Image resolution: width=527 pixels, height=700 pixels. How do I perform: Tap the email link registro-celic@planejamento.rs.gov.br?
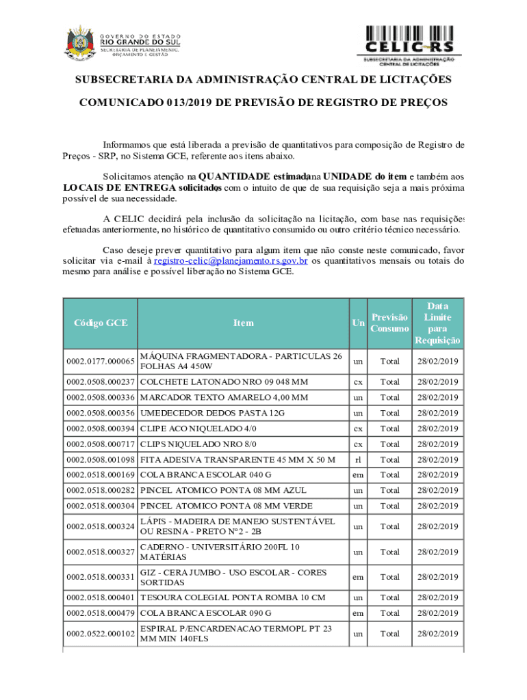231,260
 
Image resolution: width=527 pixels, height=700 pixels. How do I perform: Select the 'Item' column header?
243,323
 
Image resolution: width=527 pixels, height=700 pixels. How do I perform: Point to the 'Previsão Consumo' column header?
389,323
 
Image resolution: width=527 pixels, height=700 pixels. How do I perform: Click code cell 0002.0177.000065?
100,361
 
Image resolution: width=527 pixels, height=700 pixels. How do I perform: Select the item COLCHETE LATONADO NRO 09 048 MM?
224,381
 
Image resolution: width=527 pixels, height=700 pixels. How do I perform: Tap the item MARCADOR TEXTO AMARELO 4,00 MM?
224,397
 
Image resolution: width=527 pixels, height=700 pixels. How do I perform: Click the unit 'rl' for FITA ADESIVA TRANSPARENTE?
358,460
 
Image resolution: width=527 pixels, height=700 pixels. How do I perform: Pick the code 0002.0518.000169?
100,475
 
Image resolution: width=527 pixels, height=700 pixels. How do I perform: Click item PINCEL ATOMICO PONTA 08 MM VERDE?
226,506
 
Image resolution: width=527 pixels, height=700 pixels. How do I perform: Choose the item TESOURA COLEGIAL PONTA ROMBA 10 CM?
233,597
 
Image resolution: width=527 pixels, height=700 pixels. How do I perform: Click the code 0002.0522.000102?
100,634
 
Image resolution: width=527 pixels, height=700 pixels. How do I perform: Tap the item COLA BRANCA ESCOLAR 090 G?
205,613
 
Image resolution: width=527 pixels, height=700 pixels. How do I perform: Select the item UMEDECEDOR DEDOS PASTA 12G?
212,413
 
